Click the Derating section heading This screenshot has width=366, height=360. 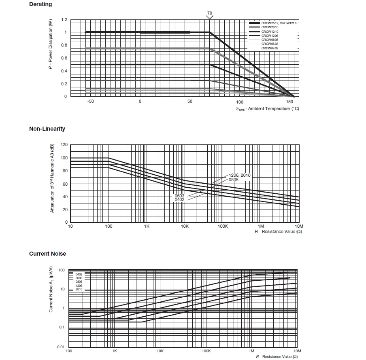40,4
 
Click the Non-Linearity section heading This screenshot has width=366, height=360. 47,129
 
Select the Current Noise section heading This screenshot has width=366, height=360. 47,254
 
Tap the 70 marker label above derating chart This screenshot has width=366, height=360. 209,13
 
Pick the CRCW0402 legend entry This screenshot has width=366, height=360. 270,48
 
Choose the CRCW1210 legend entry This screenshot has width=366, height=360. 269,32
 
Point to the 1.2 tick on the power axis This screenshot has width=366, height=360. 64,19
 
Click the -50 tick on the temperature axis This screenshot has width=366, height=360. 90,102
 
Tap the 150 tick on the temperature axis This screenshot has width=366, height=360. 289,102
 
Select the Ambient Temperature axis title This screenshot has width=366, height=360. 267,108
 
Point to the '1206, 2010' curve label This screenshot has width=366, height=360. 239,175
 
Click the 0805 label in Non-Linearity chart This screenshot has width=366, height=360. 233,179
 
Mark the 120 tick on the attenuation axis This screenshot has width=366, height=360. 64,144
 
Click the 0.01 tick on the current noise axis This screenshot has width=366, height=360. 61,347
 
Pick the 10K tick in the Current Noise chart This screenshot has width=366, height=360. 160,351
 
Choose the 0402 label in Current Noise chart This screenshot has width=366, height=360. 79,274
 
